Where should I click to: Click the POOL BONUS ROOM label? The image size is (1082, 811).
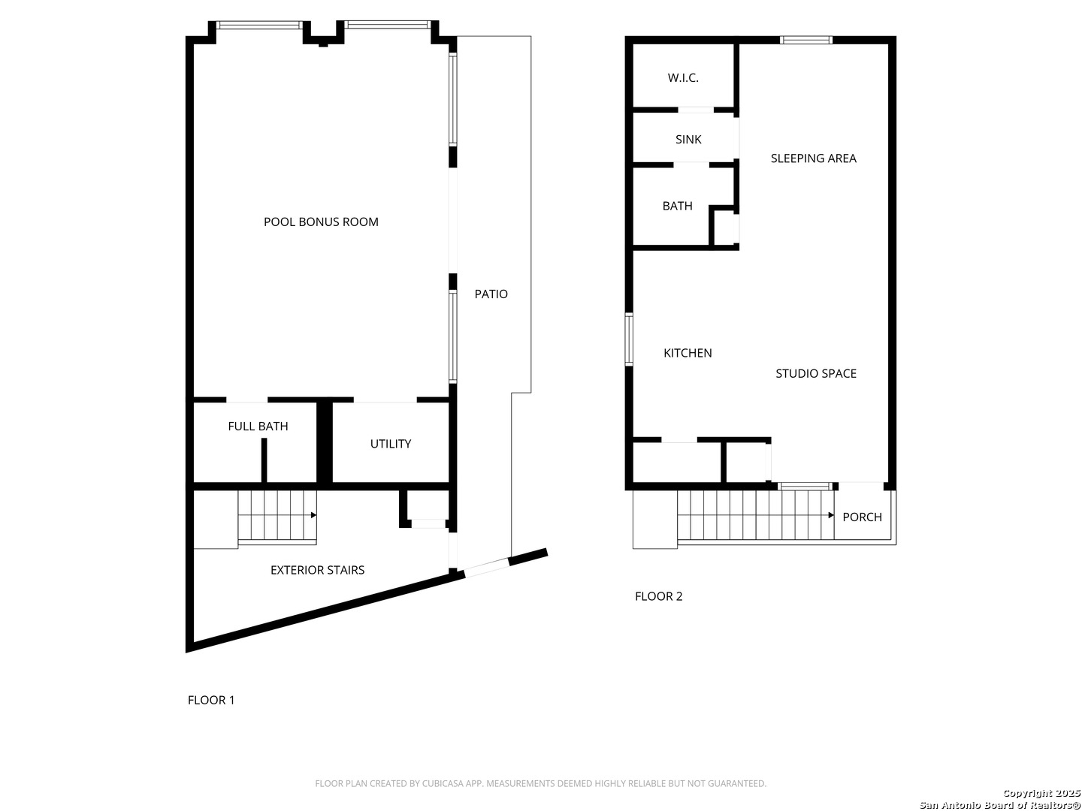click(321, 222)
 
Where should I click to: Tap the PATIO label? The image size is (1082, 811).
click(491, 294)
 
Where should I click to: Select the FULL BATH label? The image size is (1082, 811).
click(258, 426)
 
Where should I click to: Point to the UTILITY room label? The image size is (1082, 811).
click(391, 444)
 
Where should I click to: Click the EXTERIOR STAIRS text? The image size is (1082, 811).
click(317, 570)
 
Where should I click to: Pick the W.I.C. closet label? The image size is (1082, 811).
click(683, 78)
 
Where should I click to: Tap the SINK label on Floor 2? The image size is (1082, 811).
click(688, 140)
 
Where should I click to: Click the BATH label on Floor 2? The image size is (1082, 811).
click(677, 206)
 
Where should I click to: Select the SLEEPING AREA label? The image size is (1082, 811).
click(813, 158)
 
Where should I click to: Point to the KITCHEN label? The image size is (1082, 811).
click(688, 353)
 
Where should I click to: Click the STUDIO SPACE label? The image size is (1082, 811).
click(816, 373)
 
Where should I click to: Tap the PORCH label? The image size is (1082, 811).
click(862, 517)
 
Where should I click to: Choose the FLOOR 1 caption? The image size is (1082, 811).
click(211, 700)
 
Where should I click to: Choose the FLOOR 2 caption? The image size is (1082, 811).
click(658, 596)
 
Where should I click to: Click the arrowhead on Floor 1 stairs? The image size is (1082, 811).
click(313, 515)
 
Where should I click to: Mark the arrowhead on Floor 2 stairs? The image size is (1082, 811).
click(831, 515)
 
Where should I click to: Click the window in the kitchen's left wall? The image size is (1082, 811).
click(628, 339)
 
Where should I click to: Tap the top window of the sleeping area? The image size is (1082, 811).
click(806, 40)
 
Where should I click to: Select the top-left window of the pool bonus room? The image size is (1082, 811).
click(259, 25)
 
